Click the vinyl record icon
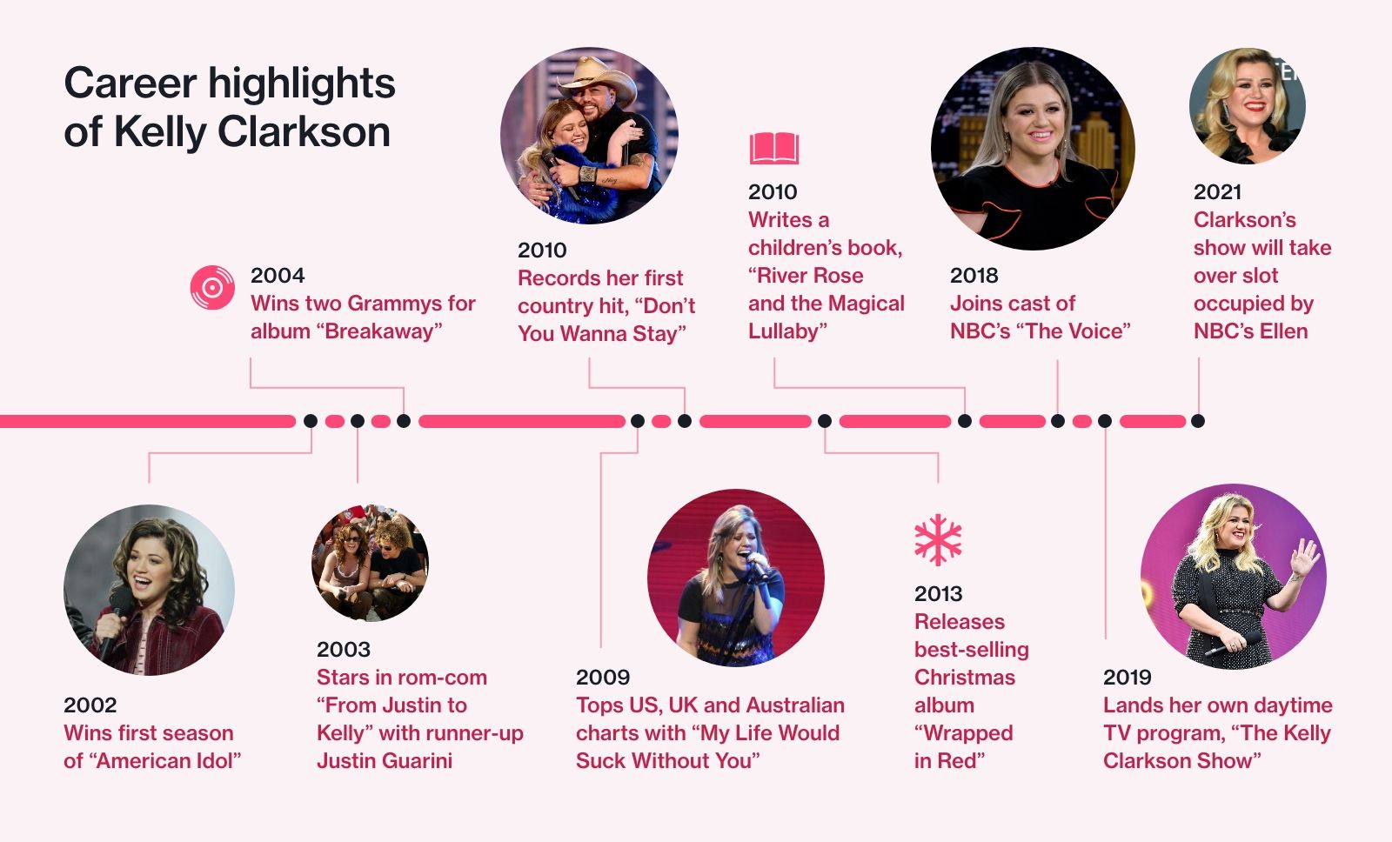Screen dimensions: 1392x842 click(212, 288)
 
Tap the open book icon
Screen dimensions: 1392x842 click(773, 148)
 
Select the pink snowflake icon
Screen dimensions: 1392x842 click(938, 539)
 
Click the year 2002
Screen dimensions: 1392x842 click(90, 705)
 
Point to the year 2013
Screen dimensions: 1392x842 click(938, 593)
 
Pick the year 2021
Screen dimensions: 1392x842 click(1217, 191)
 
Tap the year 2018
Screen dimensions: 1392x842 click(974, 275)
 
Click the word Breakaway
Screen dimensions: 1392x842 click(383, 331)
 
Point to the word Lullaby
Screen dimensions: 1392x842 click(787, 331)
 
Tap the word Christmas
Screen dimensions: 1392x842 click(965, 677)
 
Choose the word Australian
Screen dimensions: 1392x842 click(795, 705)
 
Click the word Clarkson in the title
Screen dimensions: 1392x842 click(304, 131)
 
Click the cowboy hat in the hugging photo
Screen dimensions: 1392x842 click(596, 77)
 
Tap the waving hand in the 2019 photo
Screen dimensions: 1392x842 click(1304, 556)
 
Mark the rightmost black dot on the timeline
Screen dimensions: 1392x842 click(1198, 421)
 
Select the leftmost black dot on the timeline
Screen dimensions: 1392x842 click(311, 421)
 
